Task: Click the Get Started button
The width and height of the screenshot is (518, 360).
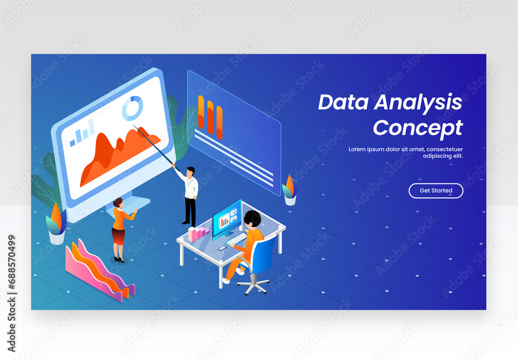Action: [x=436, y=191]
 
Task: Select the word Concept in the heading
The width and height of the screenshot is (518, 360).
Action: [x=418, y=127]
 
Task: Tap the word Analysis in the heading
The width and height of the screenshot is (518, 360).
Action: [x=418, y=102]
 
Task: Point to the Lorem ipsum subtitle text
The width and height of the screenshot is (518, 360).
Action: [x=406, y=152]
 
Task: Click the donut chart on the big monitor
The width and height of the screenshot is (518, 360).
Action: [x=132, y=108]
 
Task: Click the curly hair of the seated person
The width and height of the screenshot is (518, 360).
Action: [x=253, y=219]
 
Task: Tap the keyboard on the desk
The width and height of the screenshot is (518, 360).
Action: [x=235, y=239]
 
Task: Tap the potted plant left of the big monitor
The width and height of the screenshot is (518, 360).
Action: [x=56, y=225]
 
